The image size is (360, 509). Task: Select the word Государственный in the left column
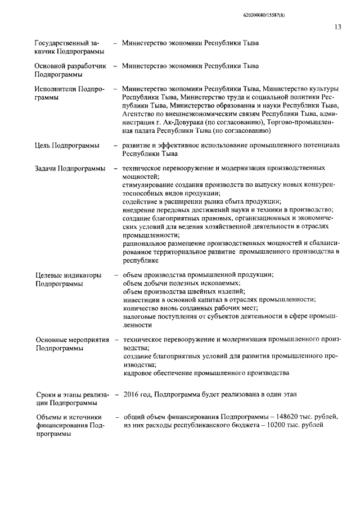pos(58,43)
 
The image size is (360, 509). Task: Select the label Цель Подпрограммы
pos(67,145)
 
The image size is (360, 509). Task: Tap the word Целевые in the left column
pos(49,276)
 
